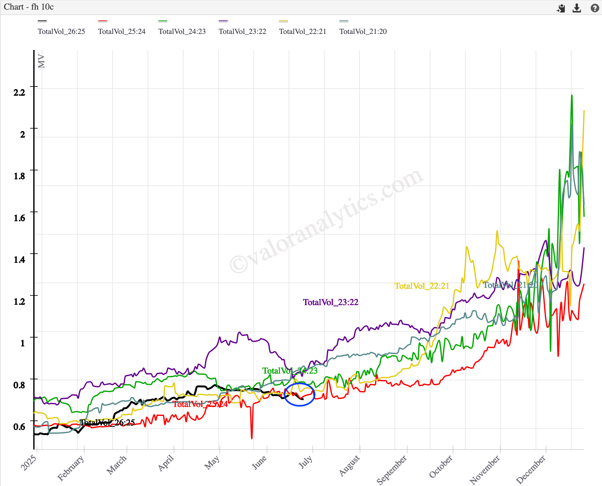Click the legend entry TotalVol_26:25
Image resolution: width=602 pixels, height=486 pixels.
pyautogui.click(x=61, y=31)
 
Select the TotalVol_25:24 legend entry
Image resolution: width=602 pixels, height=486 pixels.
pyautogui.click(x=122, y=31)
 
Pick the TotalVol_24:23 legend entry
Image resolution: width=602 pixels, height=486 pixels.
pyautogui.click(x=182, y=31)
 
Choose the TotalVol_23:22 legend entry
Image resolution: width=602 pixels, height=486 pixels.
pyautogui.click(x=242, y=31)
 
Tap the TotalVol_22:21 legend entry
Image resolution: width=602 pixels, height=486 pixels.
pyautogui.click(x=302, y=31)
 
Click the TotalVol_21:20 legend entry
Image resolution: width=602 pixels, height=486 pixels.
pyautogui.click(x=363, y=31)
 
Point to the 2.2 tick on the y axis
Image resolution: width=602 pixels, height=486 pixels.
pyautogui.click(x=19, y=93)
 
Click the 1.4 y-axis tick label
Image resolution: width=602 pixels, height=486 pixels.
pyautogui.click(x=19, y=260)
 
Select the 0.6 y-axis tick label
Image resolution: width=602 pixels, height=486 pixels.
pyautogui.click(x=19, y=427)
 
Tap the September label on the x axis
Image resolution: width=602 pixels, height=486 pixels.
pyautogui.click(x=392, y=469)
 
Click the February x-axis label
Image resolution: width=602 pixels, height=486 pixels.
pyautogui.click(x=71, y=468)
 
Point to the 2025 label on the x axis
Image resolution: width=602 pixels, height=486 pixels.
pyautogui.click(x=29, y=463)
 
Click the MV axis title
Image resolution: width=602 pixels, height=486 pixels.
pyautogui.click(x=41, y=61)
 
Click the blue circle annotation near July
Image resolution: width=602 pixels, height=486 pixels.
pyautogui.click(x=299, y=394)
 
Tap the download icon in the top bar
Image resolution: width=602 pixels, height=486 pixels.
pyautogui.click(x=577, y=8)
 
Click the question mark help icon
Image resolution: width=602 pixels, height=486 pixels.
pyautogui.click(x=595, y=8)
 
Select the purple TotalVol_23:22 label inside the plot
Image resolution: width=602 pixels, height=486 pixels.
pyautogui.click(x=330, y=302)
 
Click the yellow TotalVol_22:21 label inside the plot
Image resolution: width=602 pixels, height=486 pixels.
pyautogui.click(x=422, y=286)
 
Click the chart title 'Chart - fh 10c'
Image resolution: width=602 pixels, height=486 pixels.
pyautogui.click(x=29, y=7)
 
